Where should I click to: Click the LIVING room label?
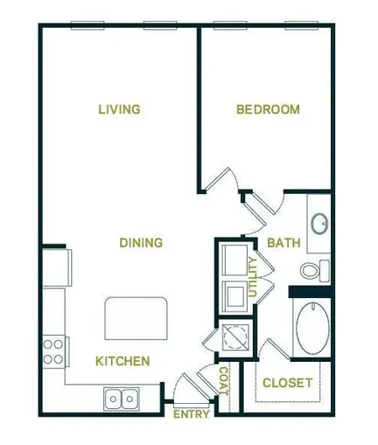(x=118, y=109)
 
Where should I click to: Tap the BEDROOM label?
(x=267, y=109)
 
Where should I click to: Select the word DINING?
(x=140, y=243)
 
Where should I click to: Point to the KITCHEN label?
(x=123, y=361)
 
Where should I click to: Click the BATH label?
(x=283, y=243)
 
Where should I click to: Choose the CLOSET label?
(x=287, y=383)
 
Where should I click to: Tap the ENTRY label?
(x=191, y=414)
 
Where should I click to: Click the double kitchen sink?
(x=122, y=397)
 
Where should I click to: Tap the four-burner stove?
(x=55, y=350)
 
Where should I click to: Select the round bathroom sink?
(x=319, y=223)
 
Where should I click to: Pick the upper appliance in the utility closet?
(x=233, y=259)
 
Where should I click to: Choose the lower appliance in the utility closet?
(x=233, y=294)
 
